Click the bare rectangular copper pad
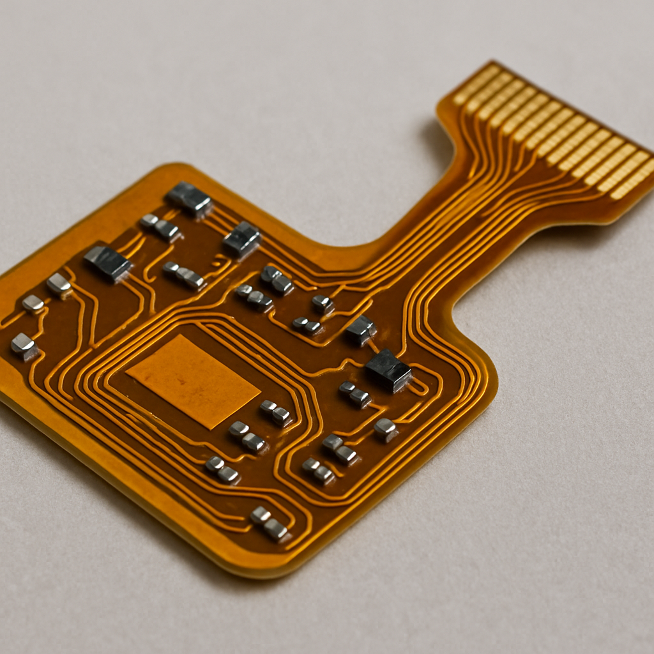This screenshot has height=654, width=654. [x=192, y=381]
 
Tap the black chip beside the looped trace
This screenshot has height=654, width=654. [x=388, y=370]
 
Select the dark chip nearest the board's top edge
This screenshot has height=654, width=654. [x=189, y=199]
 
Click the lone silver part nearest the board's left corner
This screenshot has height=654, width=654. [x=24, y=346]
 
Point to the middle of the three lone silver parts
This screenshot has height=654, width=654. [x=33, y=303]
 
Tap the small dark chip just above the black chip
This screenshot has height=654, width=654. [x=361, y=330]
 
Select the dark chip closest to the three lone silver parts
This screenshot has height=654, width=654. [x=108, y=262]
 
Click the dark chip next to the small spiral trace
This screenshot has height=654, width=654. [x=242, y=240]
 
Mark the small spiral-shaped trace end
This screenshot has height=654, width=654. [x=220, y=262]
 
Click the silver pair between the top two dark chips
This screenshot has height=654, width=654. [x=160, y=227]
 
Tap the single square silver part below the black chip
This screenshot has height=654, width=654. [x=386, y=429]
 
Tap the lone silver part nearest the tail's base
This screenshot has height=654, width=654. [x=323, y=303]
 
